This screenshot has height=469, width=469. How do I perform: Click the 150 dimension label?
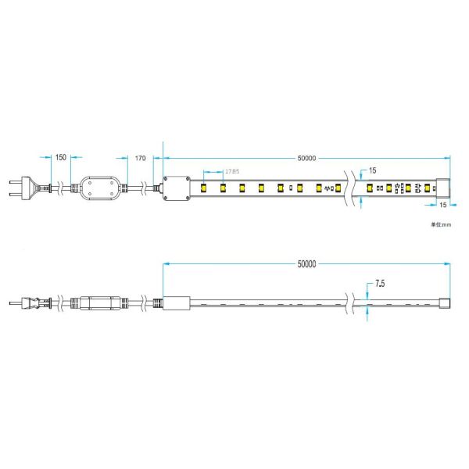tap(60, 158)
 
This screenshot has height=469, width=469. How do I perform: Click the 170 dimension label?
tap(141, 158)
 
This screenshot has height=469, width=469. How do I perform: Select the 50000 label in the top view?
tap(306, 158)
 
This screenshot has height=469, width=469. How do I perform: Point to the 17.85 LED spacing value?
tap(232, 171)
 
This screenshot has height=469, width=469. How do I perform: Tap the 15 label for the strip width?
tap(373, 170)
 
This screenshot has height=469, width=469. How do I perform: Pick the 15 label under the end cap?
tap(442, 205)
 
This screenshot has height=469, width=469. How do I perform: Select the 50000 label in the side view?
tap(306, 264)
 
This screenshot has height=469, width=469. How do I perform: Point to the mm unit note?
tap(441, 225)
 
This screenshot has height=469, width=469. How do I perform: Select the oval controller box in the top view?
tap(100, 188)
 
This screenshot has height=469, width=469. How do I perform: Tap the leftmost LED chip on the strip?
tap(203, 188)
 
